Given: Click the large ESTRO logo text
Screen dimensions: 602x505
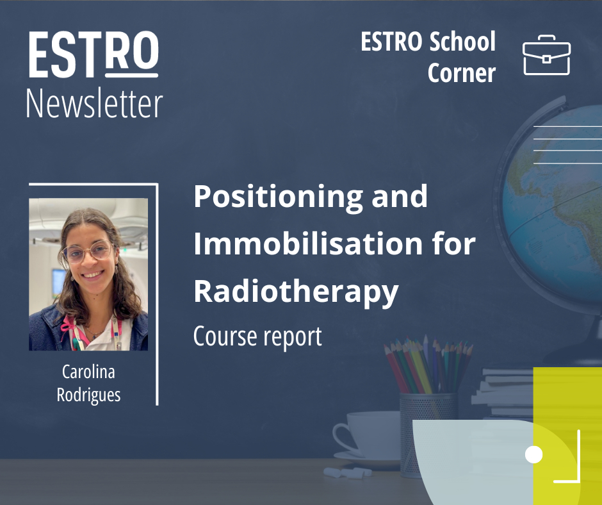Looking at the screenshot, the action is pos(94,54).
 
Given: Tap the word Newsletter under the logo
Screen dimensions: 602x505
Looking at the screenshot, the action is pos(94,103).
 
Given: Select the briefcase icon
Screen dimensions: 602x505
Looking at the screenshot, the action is pos(546,55).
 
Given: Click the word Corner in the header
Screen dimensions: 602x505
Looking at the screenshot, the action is pos(462,72).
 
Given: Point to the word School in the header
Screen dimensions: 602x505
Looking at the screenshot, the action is pos(462,42).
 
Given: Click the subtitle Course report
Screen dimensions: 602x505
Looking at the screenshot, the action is pos(257,337).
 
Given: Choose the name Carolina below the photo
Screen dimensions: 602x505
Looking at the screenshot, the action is pos(88,372).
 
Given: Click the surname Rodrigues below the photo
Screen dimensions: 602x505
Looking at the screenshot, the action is pos(88,395).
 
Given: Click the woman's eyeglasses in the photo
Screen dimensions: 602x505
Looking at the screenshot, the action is pos(88,251).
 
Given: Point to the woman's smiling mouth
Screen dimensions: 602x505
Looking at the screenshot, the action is pos(94,274).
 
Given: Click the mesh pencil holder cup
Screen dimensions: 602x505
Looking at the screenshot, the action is pos(427,435).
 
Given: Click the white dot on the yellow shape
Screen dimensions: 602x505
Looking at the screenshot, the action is pos(533,454).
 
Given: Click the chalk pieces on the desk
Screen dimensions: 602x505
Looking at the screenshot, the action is pos(348,472).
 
